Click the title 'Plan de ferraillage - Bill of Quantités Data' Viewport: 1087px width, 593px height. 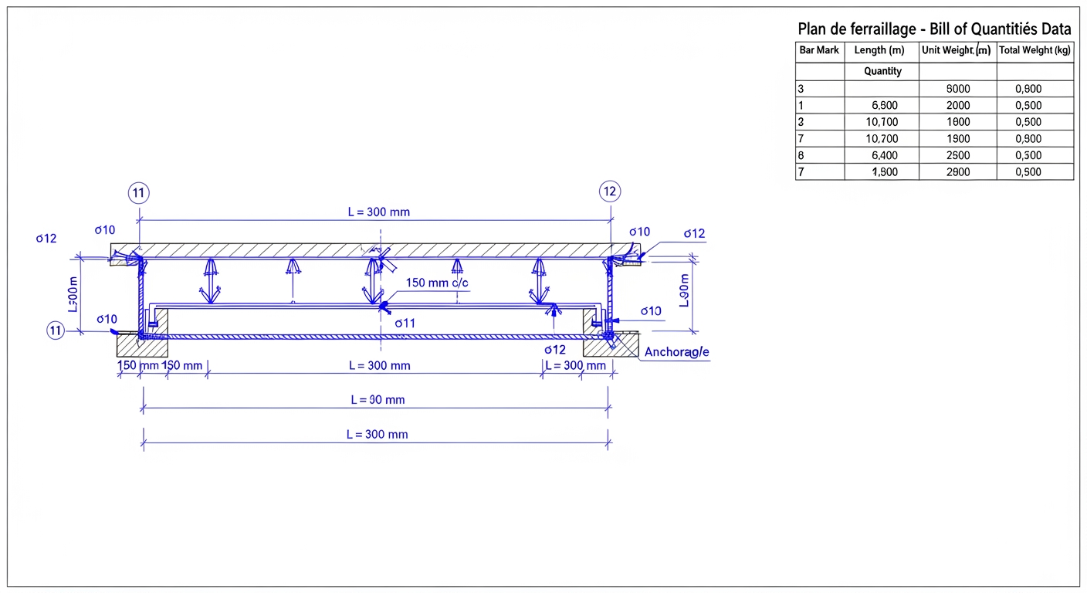tap(933, 29)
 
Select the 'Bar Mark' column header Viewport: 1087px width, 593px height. tap(819, 50)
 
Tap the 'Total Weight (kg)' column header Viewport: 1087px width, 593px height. tap(1035, 50)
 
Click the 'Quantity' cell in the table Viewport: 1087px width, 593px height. tap(882, 71)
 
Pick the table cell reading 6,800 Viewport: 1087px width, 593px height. tap(884, 106)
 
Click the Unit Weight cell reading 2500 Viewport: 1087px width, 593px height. tap(957, 155)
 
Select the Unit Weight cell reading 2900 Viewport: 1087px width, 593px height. tap(957, 172)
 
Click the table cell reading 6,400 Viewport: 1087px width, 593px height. tap(884, 155)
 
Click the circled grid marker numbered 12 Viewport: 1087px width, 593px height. tap(609, 191)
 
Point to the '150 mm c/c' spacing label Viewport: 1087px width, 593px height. tap(437, 283)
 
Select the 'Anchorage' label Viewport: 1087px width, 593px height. tap(676, 352)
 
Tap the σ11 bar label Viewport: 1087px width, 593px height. tap(405, 324)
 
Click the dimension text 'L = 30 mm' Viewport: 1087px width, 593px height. tap(377, 400)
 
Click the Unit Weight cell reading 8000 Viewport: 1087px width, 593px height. tap(957, 89)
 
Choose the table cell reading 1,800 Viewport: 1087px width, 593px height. tap(884, 172)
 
